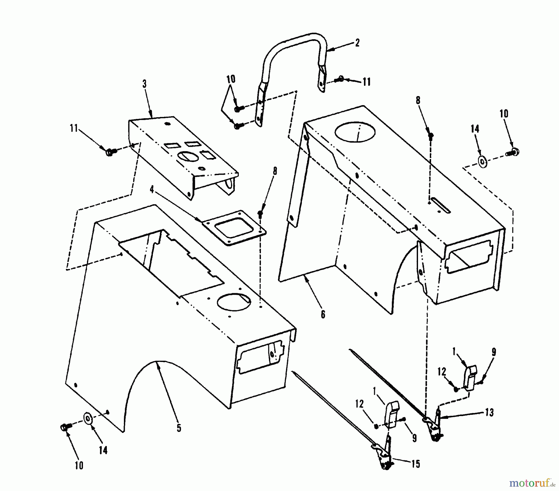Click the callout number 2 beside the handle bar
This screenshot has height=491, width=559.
tap(357, 43)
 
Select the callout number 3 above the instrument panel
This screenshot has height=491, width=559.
tap(144, 84)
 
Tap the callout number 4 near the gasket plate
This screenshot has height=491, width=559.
tap(152, 189)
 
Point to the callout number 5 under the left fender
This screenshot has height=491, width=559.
tap(179, 428)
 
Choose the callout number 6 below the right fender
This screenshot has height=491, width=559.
tap(323, 314)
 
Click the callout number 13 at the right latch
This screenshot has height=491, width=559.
tap(489, 413)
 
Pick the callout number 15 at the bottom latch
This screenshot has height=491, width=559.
tap(416, 464)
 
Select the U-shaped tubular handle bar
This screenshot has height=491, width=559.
tap(292, 59)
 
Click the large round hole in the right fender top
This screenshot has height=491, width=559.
tap(355, 132)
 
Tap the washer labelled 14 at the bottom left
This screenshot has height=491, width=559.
tap(89, 418)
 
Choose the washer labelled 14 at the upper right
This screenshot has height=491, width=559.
tap(483, 162)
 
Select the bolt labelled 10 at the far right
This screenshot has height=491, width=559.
tap(512, 152)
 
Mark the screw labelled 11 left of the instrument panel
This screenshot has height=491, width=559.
tap(110, 152)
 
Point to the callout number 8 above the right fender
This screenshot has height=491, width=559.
tap(418, 100)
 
